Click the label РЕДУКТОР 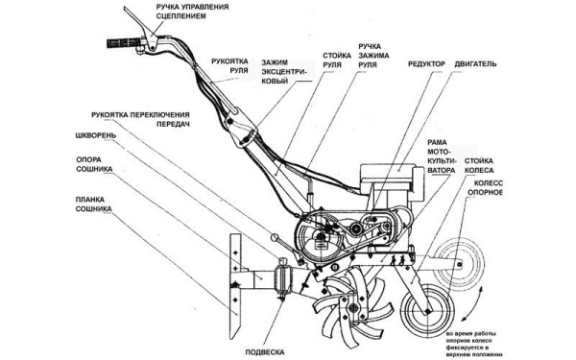coord(426,64)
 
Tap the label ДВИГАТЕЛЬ coord(476,64)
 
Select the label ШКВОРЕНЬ coord(95,135)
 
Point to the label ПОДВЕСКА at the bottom coord(265,352)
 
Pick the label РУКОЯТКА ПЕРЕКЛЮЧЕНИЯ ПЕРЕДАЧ coord(141,119)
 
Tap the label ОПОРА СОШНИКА coord(94,164)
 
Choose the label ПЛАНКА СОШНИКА coord(94,204)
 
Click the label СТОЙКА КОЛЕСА coord(479,166)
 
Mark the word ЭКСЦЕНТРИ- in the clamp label coord(283,72)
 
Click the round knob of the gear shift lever coord(275,238)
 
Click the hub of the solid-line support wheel coord(427,311)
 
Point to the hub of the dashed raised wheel coord(460,263)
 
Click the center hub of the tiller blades coord(353,308)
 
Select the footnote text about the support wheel coord(474,345)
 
